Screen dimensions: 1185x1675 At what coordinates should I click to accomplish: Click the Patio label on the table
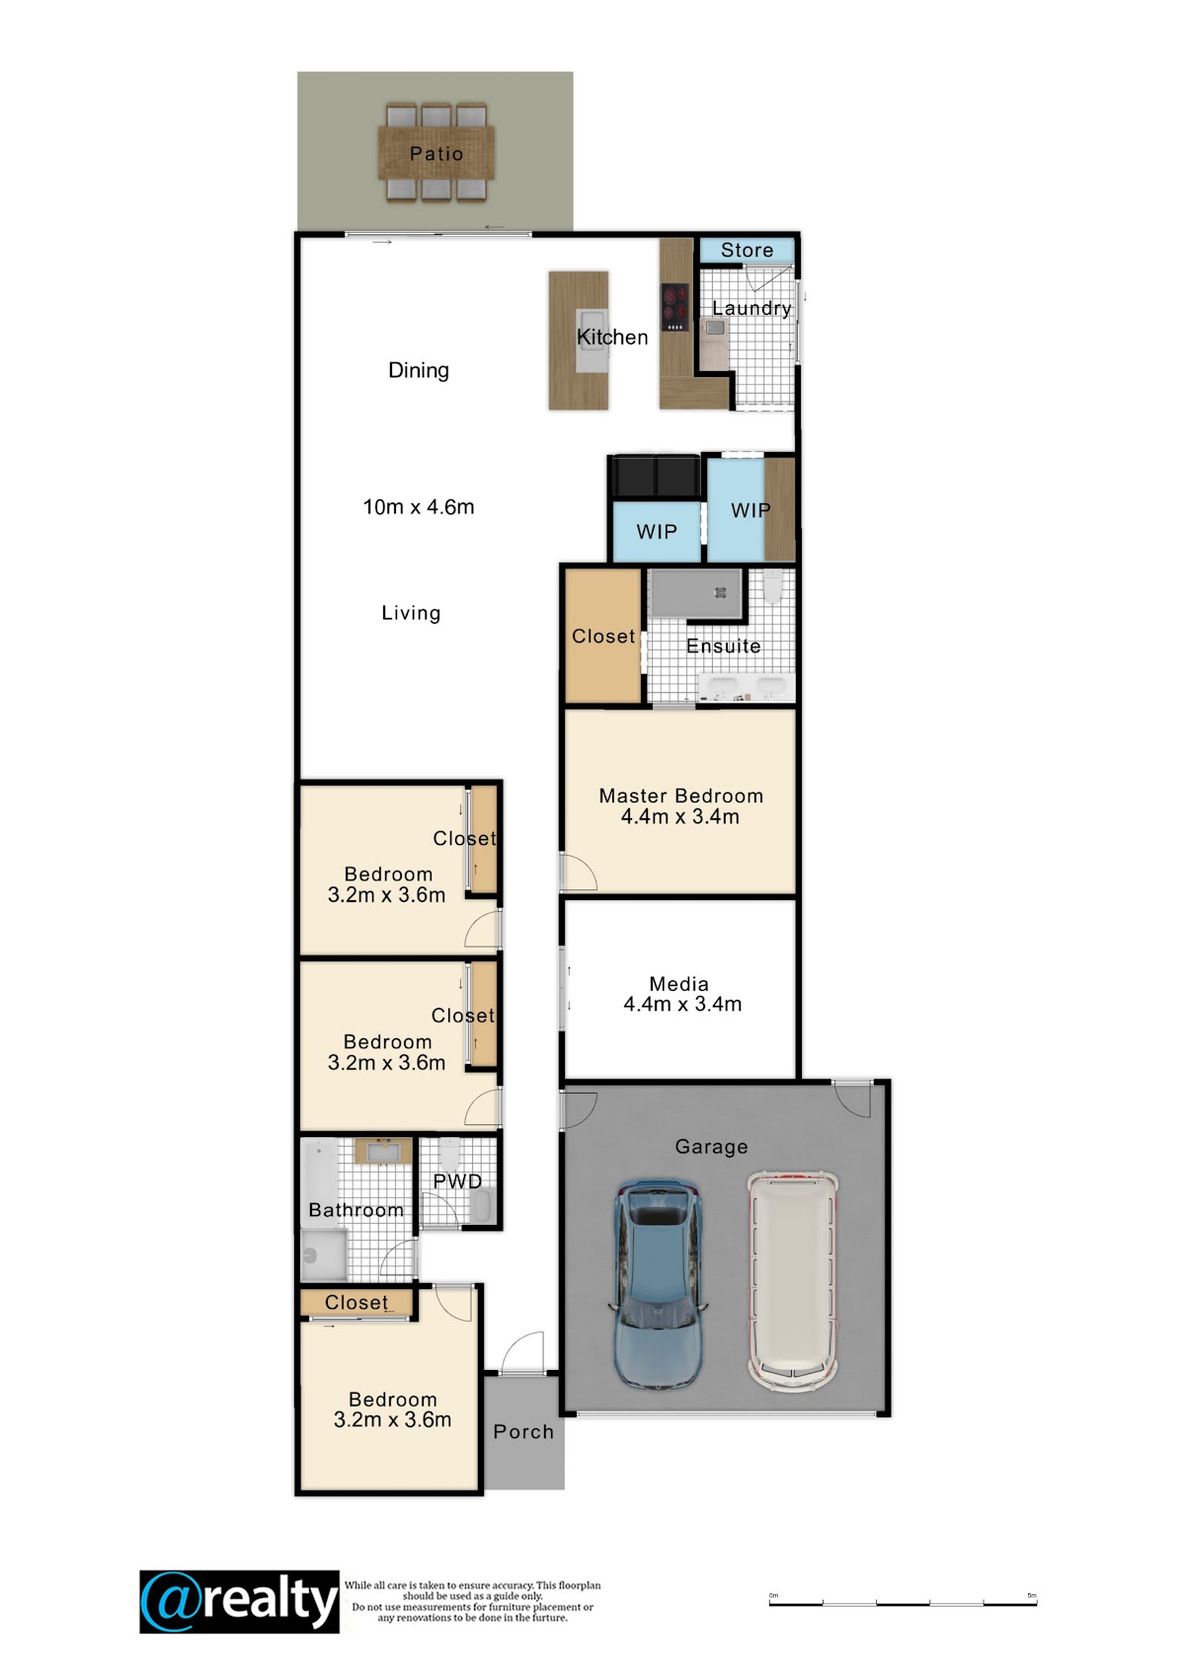pos(436,153)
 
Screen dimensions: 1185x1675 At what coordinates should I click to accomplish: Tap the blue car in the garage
pos(658,1282)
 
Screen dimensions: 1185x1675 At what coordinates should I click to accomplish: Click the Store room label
pos(747,250)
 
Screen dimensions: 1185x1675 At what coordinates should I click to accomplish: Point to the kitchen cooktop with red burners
pos(674,307)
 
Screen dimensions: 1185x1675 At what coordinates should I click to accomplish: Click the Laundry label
pos(751,308)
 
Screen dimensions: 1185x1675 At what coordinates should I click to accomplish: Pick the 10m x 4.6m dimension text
pos(418,507)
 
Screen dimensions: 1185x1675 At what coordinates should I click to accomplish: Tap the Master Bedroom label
pos(680,796)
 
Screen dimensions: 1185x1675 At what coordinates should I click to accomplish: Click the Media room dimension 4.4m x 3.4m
pos(682,1004)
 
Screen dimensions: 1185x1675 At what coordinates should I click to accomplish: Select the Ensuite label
pos(724,647)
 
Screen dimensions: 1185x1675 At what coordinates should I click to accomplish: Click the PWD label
pos(457,1181)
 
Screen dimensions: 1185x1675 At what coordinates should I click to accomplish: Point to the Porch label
pos(523,1432)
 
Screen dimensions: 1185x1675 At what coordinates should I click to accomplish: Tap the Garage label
pos(711,1147)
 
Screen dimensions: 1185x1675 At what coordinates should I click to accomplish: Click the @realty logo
pos(239,1602)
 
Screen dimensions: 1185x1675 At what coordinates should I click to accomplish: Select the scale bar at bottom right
pos(903,1603)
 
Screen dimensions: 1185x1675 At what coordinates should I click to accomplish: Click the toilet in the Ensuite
pos(773,586)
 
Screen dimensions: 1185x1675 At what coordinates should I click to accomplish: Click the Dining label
pos(418,371)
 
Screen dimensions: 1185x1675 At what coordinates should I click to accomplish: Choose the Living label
pos(411,613)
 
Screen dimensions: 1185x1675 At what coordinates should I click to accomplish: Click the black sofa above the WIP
pos(656,476)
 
